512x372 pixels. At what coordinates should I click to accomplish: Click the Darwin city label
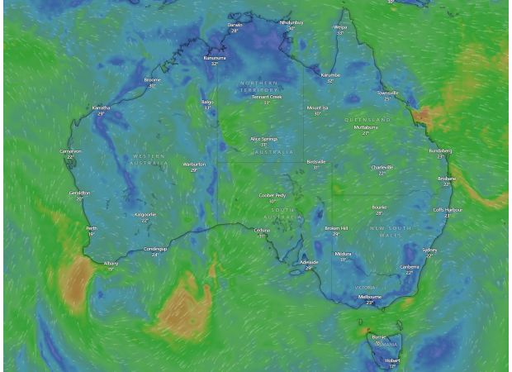pyautogui.click(x=235, y=25)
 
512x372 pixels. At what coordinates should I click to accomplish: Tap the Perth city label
pyautogui.click(x=92, y=228)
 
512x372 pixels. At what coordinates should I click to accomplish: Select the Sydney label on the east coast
pyautogui.click(x=429, y=250)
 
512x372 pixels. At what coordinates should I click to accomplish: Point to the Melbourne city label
pyautogui.click(x=370, y=296)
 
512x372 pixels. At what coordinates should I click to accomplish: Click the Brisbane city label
pyautogui.click(x=447, y=179)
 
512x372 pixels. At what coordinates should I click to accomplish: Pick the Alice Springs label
pyautogui.click(x=264, y=139)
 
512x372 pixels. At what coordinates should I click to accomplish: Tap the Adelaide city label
pyautogui.click(x=309, y=262)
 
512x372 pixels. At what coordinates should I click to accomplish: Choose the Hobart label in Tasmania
pyautogui.click(x=392, y=360)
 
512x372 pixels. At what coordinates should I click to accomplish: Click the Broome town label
pyautogui.click(x=152, y=80)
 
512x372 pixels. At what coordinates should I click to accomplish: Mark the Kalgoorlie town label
pyautogui.click(x=145, y=215)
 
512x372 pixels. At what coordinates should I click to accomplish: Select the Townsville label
pyautogui.click(x=387, y=93)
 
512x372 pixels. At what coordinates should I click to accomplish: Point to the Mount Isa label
pyautogui.click(x=318, y=107)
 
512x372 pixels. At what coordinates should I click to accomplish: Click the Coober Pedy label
pyautogui.click(x=273, y=196)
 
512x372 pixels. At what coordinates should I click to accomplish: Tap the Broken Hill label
pyautogui.click(x=336, y=228)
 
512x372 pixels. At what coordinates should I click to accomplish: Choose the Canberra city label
pyautogui.click(x=410, y=267)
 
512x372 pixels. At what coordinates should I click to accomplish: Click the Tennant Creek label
pyautogui.click(x=267, y=97)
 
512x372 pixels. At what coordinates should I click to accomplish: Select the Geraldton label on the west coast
pyautogui.click(x=79, y=193)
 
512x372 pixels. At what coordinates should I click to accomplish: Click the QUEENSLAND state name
pyautogui.click(x=367, y=120)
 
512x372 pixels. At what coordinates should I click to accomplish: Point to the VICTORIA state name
pyautogui.click(x=366, y=287)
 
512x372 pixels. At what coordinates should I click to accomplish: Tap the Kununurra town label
pyautogui.click(x=215, y=58)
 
